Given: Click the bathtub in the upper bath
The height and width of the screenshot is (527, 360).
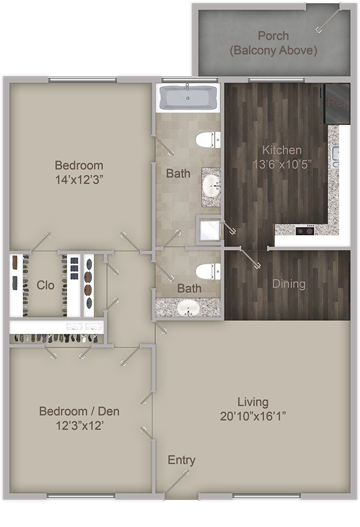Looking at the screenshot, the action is tap(188, 98).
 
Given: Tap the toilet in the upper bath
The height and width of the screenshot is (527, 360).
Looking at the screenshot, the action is tap(208, 139).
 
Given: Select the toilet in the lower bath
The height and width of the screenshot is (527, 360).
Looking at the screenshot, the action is tap(208, 271).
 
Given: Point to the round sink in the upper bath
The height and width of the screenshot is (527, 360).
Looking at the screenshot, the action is tap(211, 184).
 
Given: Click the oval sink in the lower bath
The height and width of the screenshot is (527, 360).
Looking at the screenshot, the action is tap(188, 308).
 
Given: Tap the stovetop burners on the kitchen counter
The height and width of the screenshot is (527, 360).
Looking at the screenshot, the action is tap(305, 231).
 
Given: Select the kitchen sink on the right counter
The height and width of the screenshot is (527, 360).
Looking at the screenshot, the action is tap(335, 157).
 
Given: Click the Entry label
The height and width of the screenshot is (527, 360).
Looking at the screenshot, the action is tap(181, 460).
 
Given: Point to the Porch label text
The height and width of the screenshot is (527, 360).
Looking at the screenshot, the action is tap(273, 36).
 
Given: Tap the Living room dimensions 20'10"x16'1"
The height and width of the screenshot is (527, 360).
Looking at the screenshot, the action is tap(253, 416).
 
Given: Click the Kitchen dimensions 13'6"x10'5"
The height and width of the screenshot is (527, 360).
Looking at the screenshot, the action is tap(282, 165).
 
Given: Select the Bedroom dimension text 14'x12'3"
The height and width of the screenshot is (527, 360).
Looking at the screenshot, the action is tap(79, 180).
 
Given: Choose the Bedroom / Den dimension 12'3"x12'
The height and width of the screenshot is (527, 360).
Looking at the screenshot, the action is tap(79, 426).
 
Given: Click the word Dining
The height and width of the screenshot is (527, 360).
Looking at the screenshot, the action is tap(289, 284).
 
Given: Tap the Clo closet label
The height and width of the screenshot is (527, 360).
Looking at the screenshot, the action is tap(45, 285).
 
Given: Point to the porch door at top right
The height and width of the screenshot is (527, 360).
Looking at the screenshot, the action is tap(328, 21).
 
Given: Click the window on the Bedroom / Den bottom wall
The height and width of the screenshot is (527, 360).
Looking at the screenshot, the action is tap(81, 496).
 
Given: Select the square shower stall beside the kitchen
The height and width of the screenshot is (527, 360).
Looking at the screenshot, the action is tap(209, 230).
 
